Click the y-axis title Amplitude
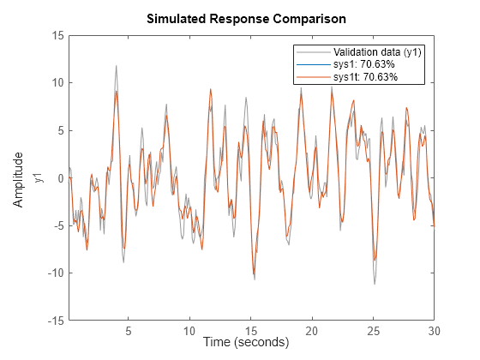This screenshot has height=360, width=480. [19, 178]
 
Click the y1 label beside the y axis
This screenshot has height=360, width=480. [37, 178]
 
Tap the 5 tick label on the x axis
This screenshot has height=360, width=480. [129, 331]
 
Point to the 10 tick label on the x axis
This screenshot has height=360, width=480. [190, 331]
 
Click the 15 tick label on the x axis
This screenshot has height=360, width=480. [251, 331]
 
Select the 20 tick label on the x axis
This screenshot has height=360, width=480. [313, 331]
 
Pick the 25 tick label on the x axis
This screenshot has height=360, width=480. [374, 331]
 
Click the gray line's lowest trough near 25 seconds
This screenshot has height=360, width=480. [375, 283]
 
